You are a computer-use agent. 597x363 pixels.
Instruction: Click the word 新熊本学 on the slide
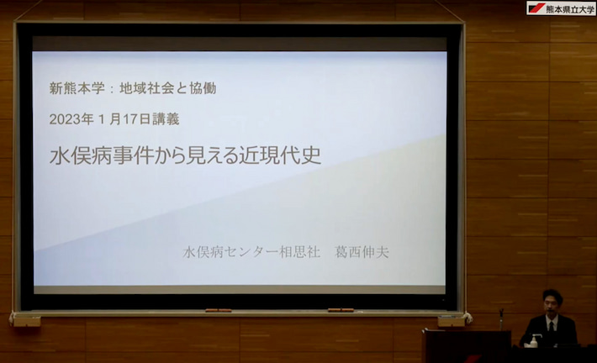[77, 88]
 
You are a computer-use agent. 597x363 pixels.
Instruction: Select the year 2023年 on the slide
[71, 119]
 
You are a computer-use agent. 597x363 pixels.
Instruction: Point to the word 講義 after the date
[166, 119]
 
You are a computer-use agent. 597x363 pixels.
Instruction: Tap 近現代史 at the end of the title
[280, 155]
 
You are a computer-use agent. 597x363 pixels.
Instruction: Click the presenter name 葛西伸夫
[362, 252]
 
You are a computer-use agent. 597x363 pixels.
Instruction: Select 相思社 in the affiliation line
[299, 252]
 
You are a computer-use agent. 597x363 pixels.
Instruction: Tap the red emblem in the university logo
[536, 8]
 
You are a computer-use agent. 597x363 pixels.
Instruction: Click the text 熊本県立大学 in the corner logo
[569, 9]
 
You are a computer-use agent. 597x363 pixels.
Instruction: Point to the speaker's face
[552, 305]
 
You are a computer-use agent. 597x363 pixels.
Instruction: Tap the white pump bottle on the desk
[533, 341]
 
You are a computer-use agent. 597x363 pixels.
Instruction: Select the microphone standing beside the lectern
[501, 318]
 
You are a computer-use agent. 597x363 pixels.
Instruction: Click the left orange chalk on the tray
[219, 311]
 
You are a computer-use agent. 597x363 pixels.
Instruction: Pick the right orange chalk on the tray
[341, 310]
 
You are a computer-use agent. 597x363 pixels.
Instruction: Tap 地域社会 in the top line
[146, 88]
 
